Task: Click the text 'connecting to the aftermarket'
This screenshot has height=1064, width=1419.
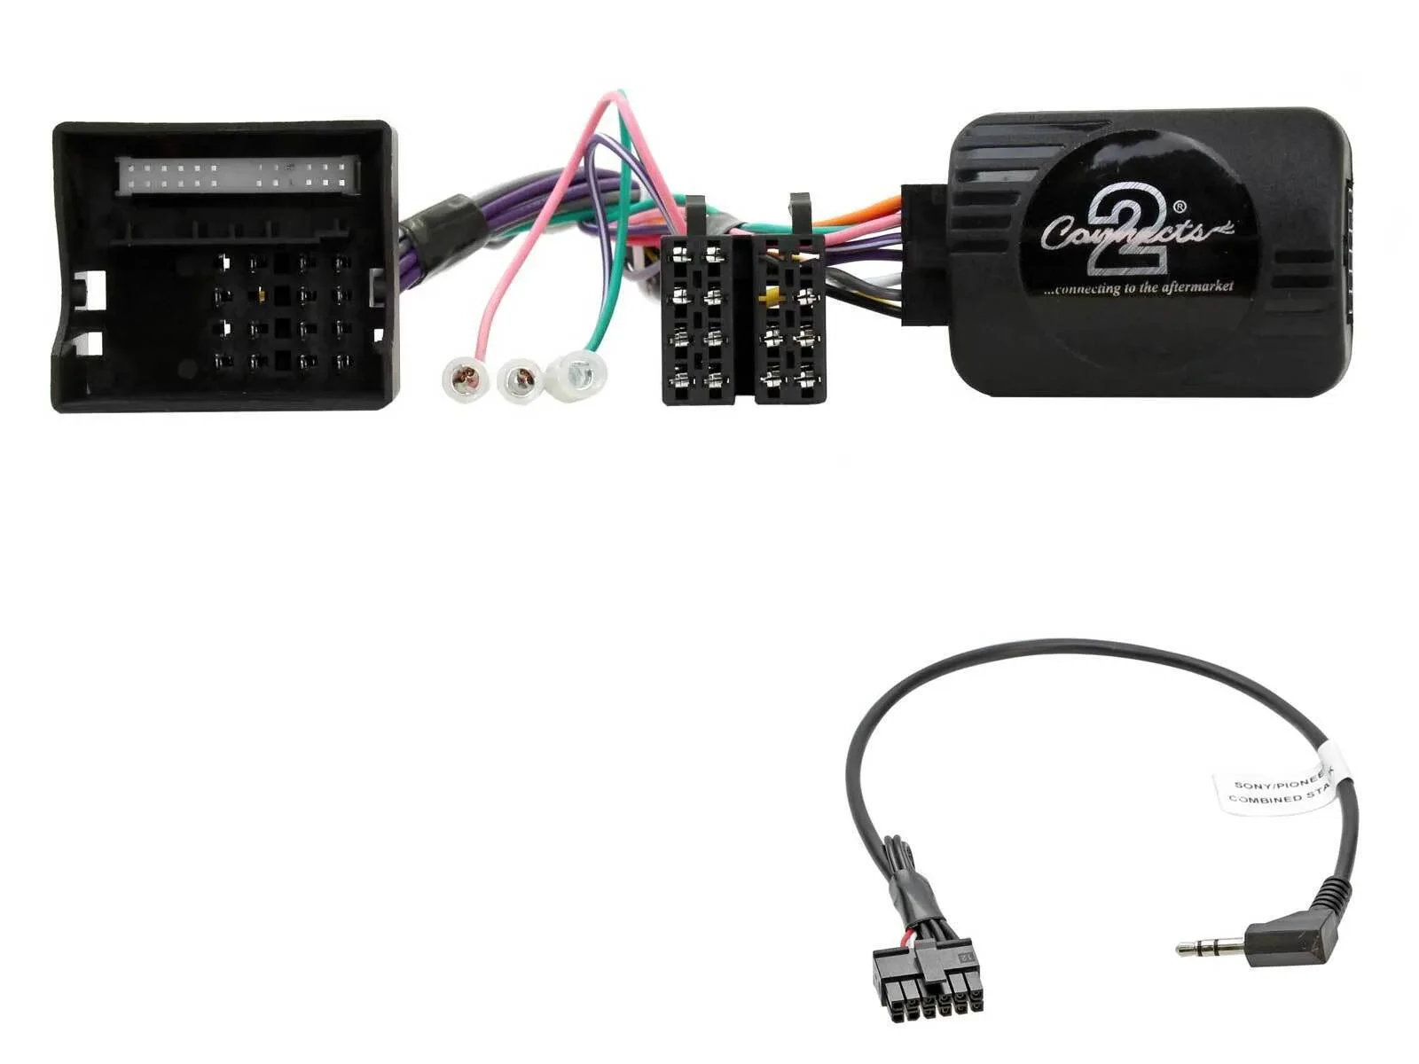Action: (1139, 288)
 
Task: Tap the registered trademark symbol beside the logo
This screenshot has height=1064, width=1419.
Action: (1179, 207)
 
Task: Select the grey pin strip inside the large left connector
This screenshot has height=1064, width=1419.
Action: (239, 175)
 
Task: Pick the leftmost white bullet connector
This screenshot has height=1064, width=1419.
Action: (466, 379)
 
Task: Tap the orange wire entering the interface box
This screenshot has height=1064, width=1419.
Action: (873, 215)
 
